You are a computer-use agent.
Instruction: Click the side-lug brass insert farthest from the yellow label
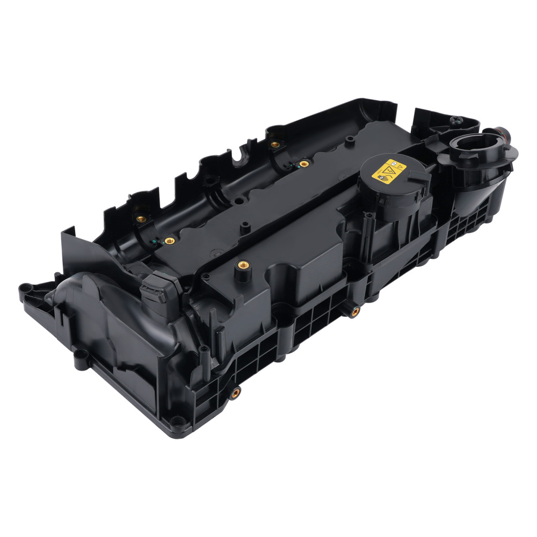[235, 393]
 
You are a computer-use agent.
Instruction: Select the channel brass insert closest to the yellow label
[303, 162]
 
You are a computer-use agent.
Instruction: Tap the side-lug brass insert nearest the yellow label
[354, 312]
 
